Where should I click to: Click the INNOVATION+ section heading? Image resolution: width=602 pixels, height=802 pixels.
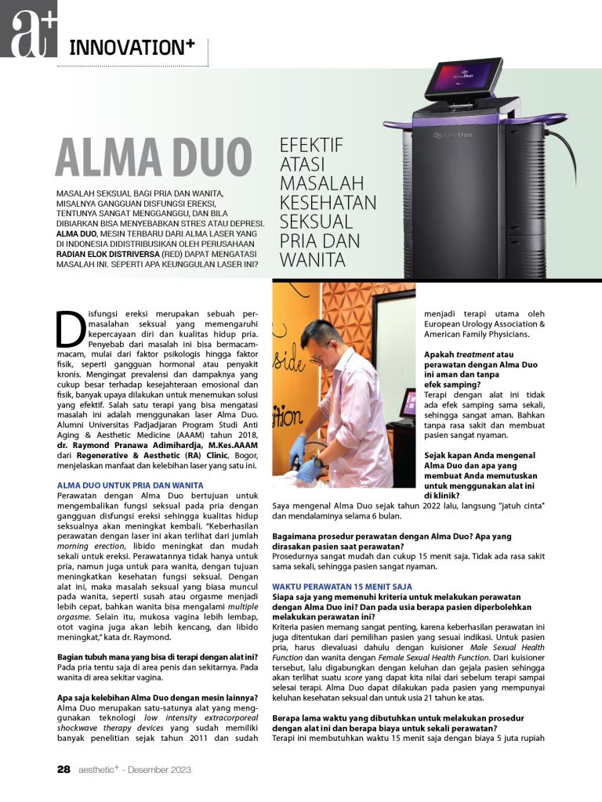point(131,46)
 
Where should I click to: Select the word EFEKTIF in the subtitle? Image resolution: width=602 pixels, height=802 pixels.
point(311,145)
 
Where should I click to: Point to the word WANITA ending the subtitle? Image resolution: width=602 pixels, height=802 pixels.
point(313,258)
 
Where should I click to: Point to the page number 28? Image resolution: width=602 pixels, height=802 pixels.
point(64,769)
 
